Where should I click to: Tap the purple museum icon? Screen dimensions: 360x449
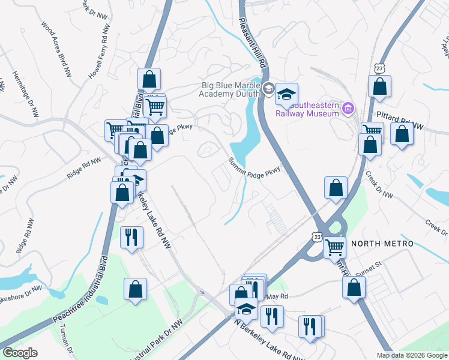(348, 109)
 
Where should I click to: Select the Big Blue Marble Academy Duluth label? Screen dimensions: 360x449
(231, 89)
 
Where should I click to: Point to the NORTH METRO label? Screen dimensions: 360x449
(382, 244)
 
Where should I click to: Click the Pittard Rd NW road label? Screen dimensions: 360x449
(400, 114)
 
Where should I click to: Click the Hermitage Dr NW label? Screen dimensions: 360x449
(25, 94)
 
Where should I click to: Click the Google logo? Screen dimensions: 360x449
(20, 353)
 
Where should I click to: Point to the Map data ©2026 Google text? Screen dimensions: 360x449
(411, 355)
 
